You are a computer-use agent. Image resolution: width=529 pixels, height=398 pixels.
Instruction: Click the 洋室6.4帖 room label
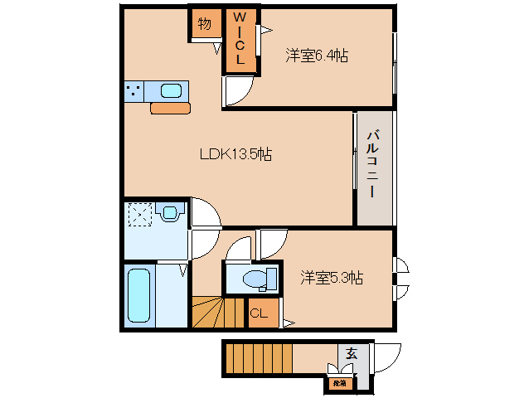pos(317,56)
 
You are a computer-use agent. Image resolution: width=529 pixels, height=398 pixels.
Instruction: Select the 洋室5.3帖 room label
pos(331,279)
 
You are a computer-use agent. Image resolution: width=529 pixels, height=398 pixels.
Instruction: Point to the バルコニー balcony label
pos(374,163)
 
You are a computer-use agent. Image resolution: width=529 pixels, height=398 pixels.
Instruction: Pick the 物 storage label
pos(204,24)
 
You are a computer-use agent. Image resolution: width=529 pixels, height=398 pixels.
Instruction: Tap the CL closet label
pos(259,313)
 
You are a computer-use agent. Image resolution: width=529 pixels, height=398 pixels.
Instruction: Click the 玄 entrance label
pos(351,353)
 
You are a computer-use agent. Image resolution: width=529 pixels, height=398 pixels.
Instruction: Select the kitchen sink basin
pos(171,90)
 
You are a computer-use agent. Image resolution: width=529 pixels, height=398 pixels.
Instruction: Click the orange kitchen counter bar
pos(171,108)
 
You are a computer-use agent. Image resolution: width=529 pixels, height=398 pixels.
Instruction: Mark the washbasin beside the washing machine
pos(171,213)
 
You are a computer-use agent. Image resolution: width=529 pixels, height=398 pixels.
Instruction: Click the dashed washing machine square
pos(139,216)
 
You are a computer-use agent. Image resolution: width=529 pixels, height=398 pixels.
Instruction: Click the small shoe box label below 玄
pos(338,383)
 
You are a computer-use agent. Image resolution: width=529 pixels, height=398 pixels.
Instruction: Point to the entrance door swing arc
pos(385,358)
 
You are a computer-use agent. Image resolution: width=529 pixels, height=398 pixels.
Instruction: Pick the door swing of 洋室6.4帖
pos(237,93)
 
